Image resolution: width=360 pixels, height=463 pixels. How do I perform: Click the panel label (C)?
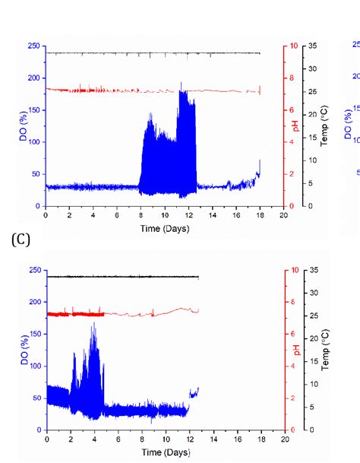pos(21,241)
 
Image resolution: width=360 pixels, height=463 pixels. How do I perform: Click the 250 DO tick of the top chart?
pos(33,46)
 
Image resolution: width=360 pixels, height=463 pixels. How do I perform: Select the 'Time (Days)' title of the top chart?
pos(164,228)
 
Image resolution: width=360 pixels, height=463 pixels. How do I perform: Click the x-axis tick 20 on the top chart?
pos(283,215)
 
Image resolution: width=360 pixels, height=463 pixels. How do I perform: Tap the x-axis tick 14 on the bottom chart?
pos(213,439)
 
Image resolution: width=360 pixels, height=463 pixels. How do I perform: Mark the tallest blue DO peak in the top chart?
pos(181,84)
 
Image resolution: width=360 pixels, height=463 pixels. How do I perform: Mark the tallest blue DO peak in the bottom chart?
pos(95,324)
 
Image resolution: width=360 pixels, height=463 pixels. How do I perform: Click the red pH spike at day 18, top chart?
pos(260,89)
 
